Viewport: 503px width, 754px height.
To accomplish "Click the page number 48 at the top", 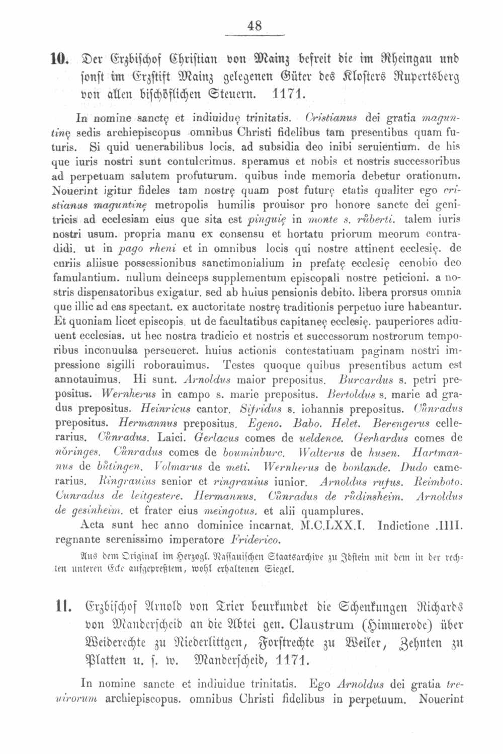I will tap(255, 26).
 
